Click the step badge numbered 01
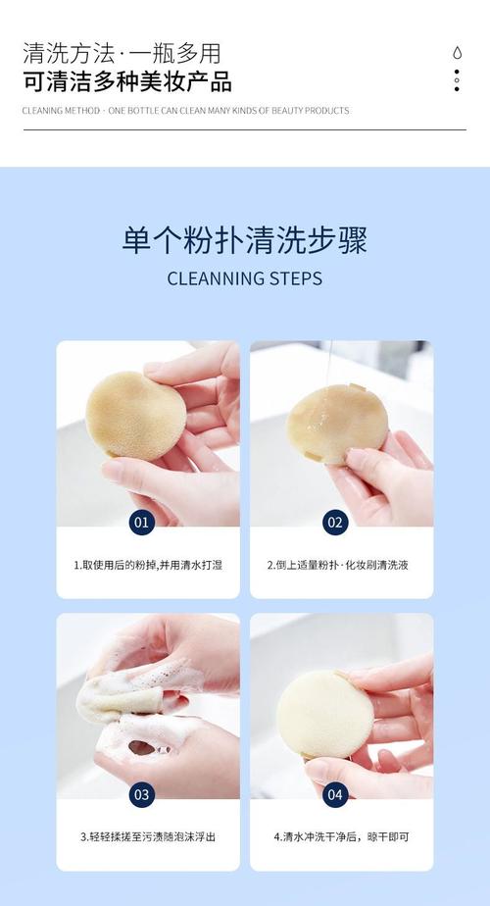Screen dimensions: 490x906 coord(141,523)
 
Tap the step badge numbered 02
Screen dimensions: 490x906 coord(335,523)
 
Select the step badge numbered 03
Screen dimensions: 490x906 coord(141,794)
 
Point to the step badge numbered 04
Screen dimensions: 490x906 coord(335,794)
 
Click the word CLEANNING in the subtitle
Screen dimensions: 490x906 coord(215,278)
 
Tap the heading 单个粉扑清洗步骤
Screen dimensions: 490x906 coord(245,240)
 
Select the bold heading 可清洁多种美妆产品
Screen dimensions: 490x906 coord(127,81)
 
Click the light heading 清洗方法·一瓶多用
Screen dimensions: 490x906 coord(122,53)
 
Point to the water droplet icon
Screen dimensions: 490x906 coord(457,53)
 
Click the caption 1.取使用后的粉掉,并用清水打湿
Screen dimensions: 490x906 coord(148,565)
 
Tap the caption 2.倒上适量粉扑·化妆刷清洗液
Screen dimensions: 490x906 coord(337,565)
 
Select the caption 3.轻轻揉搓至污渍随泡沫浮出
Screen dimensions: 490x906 coord(148,836)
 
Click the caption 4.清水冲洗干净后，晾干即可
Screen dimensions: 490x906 coord(341,836)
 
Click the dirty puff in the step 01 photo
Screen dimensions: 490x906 coord(136,416)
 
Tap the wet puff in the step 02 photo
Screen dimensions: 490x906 coord(336,423)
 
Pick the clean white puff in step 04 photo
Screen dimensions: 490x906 coord(324,715)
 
